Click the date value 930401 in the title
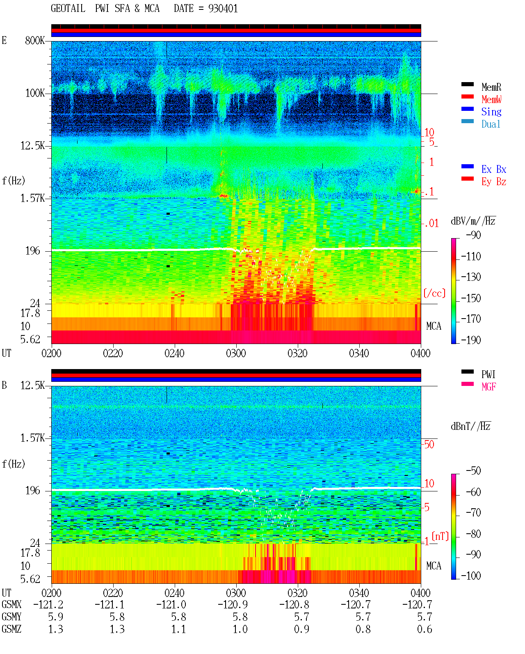223,9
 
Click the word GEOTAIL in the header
68,9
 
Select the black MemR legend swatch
467,84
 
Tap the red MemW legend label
491,99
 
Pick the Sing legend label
491,112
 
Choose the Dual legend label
491,124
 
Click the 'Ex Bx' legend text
493,169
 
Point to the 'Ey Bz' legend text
493,182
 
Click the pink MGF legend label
488,387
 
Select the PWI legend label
488,374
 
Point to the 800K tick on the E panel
35,40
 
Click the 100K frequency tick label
35,93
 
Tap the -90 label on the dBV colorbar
473,235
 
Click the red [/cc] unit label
434,293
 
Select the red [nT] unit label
440,536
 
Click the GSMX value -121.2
48,605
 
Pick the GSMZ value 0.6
424,629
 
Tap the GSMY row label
11,617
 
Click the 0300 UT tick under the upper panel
236,353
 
